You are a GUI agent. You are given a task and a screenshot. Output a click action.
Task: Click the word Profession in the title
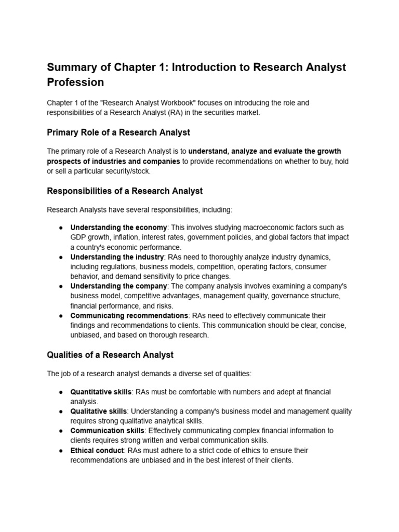click(x=75, y=83)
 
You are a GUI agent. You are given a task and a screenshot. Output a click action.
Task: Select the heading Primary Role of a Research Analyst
click(x=118, y=132)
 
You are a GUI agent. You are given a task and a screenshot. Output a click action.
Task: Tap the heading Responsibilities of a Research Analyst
click(x=125, y=191)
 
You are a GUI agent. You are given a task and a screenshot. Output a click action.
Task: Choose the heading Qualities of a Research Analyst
click(x=110, y=355)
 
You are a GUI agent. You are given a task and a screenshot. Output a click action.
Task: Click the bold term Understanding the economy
click(x=118, y=228)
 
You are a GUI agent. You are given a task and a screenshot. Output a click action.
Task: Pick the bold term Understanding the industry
click(x=117, y=257)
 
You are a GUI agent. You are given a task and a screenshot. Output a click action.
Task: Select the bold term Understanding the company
click(x=118, y=286)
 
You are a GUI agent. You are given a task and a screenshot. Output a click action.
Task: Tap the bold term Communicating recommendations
click(x=129, y=316)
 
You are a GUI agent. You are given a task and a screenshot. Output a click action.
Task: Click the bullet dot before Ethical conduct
click(x=61, y=450)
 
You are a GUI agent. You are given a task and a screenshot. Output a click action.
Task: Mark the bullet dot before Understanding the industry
click(x=61, y=257)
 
